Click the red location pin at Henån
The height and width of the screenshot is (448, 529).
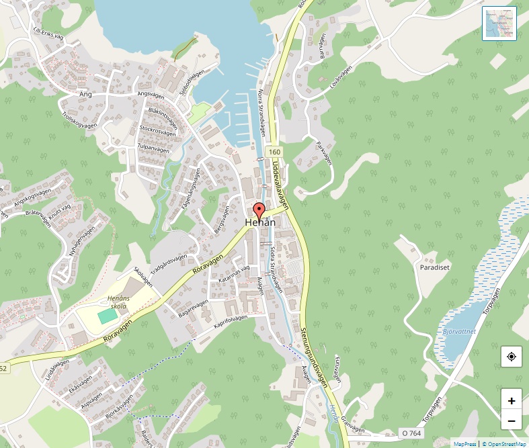(259, 211)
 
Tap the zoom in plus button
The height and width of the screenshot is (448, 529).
(512, 401)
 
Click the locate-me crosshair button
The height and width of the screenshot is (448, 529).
(512, 356)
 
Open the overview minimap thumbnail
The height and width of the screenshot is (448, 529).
(499, 24)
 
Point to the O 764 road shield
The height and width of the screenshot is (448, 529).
(411, 434)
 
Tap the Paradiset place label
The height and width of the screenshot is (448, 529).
(434, 267)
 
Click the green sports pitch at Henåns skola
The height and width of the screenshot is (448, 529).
(107, 314)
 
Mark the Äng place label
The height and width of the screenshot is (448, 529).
(85, 95)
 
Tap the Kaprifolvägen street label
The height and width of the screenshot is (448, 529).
(231, 321)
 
